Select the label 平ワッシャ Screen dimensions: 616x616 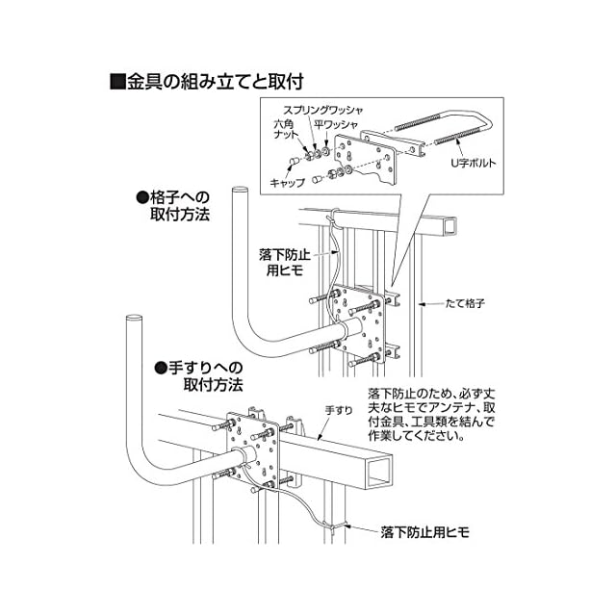point(334,126)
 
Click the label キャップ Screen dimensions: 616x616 point(287,182)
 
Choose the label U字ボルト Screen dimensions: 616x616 point(473,164)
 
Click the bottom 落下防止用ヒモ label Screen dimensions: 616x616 point(423,531)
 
